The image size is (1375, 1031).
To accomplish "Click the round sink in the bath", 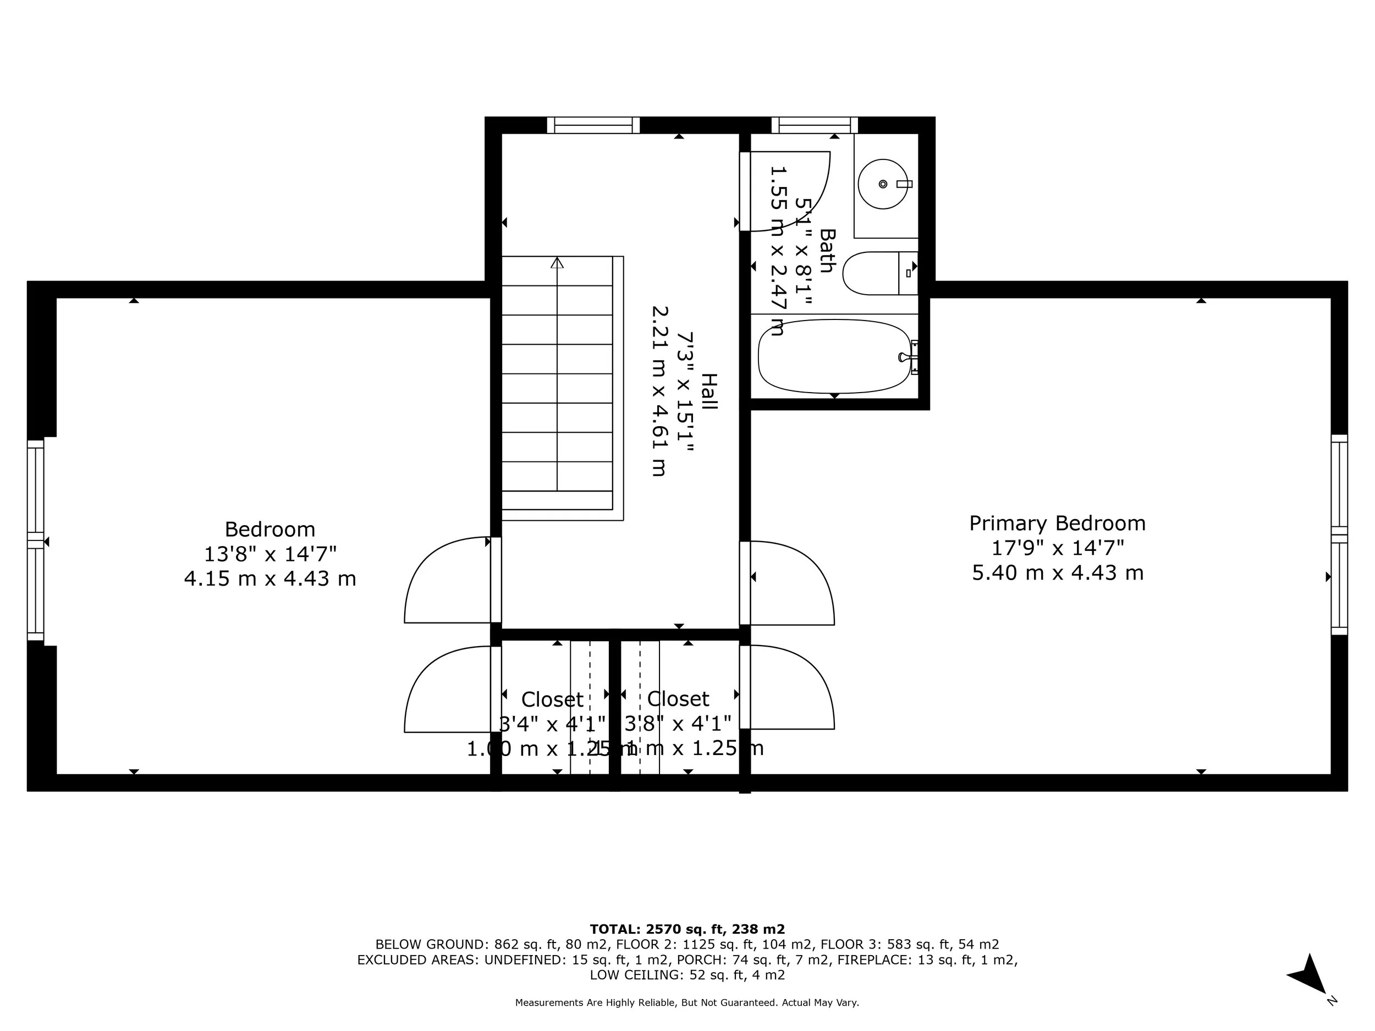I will pyautogui.click(x=883, y=184).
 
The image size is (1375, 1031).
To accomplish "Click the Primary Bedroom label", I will pyautogui.click(x=1057, y=523).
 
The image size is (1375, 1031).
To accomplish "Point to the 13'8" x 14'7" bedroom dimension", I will pyautogui.click(x=270, y=554).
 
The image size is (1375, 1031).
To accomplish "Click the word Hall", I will pyautogui.click(x=708, y=391).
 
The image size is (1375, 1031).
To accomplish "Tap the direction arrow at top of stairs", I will pyautogui.click(x=557, y=263).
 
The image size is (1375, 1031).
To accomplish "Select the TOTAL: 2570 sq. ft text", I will pyautogui.click(x=687, y=929).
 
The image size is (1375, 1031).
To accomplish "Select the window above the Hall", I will pyautogui.click(x=593, y=125).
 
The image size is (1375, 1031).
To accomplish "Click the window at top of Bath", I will pyautogui.click(x=815, y=125).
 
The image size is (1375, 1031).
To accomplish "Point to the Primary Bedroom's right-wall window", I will pyautogui.click(x=1339, y=534).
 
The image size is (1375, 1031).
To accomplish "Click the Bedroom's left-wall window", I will pyautogui.click(x=35, y=540).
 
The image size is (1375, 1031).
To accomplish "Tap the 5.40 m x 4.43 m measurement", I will pyautogui.click(x=1057, y=572).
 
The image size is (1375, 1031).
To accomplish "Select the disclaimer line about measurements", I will pyautogui.click(x=687, y=1002).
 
